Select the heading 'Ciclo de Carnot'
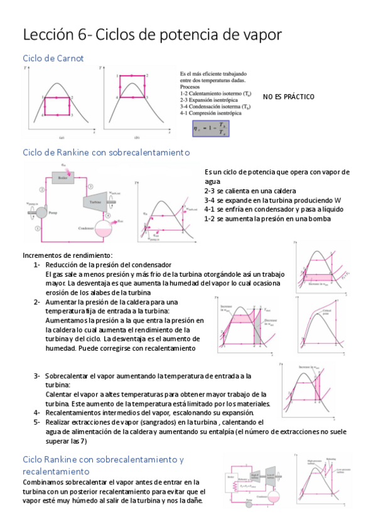(53, 58)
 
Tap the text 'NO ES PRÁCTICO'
(288, 97)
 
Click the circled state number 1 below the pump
(38, 229)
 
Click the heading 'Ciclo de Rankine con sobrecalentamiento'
(105, 152)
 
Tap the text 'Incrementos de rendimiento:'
(67, 255)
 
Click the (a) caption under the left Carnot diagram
(61, 137)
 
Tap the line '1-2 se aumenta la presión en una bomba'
(267, 218)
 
